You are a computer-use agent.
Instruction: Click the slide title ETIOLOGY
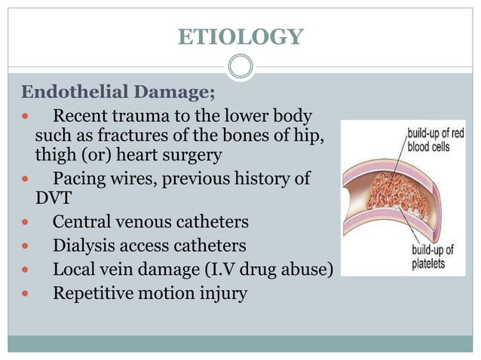point(240,35)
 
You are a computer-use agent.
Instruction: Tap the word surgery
point(195,157)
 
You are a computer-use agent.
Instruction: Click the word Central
point(80,224)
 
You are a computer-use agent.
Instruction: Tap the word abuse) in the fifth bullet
point(307,269)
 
